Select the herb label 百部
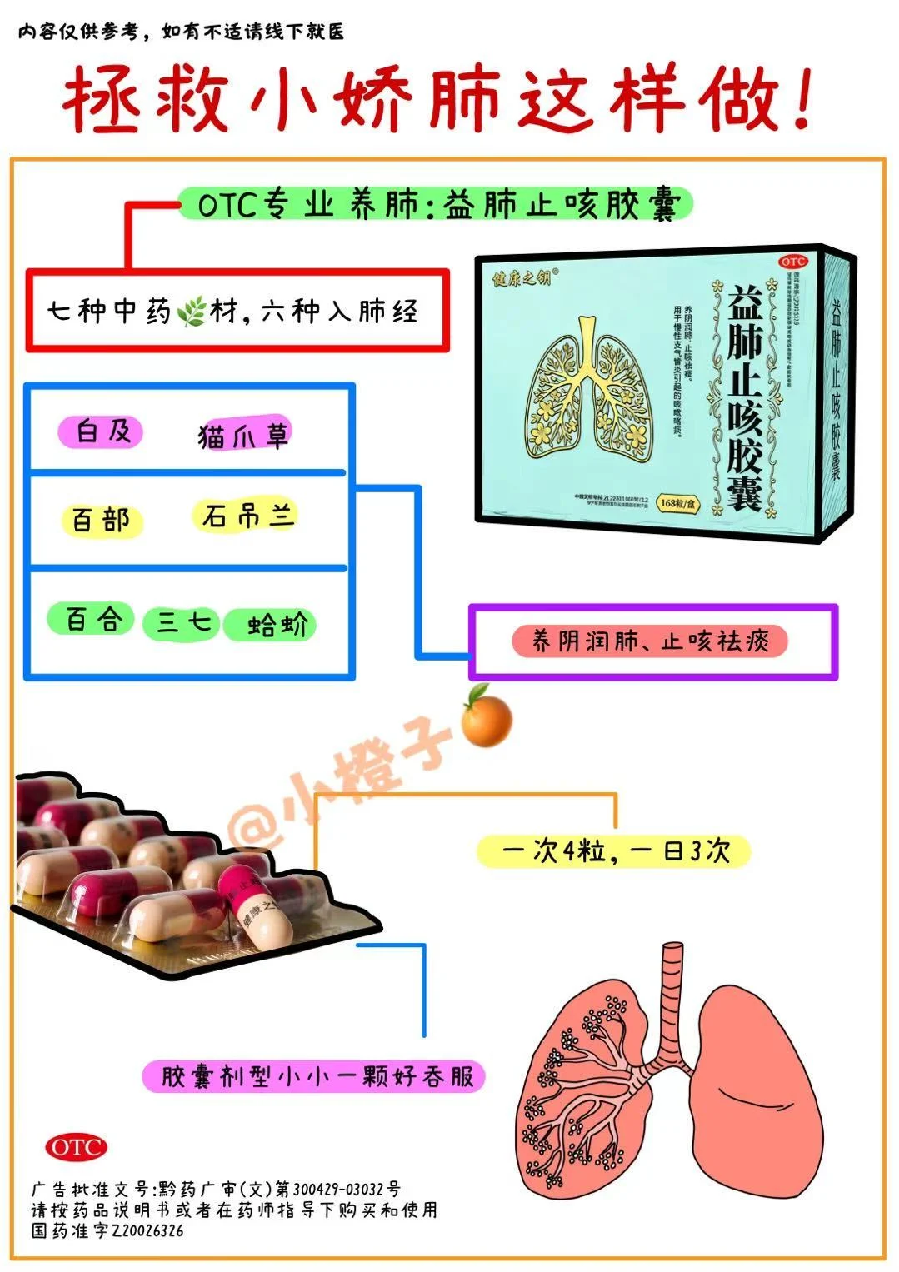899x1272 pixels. point(102,521)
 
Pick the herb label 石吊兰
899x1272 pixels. point(247,516)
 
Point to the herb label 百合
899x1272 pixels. point(92,620)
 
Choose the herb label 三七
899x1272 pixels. point(180,622)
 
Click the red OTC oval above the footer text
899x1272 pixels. point(76,1147)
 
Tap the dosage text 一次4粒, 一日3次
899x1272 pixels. point(614,851)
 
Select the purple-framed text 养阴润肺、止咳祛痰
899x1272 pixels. point(650,641)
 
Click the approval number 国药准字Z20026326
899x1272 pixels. point(108,1230)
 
